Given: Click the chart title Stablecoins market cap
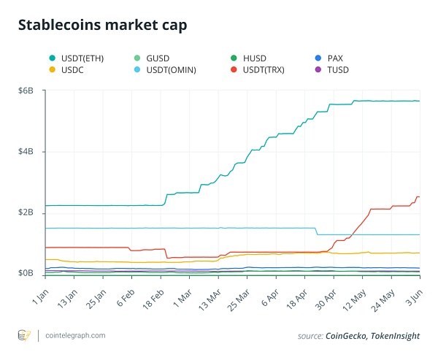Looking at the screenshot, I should [102, 26].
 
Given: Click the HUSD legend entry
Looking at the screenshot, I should [257, 58].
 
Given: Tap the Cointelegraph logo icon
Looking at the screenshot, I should [23, 335].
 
